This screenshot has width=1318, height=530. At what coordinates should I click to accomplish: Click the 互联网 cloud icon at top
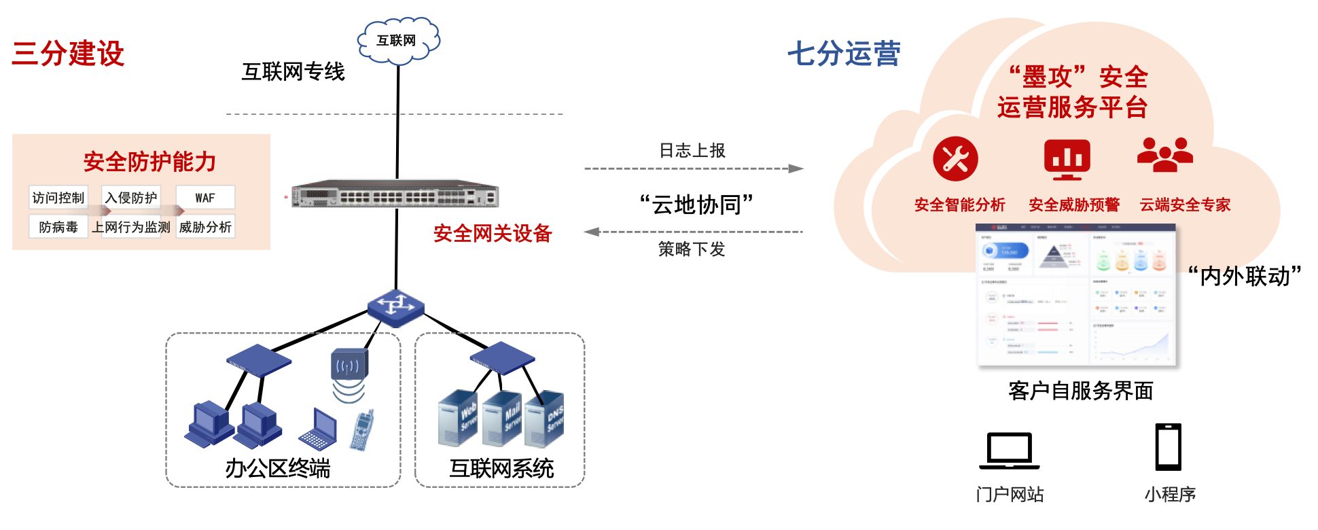[x=398, y=41]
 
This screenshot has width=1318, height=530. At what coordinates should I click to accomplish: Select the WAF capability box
[x=205, y=198]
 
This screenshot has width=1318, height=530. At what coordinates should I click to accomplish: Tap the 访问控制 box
[x=58, y=198]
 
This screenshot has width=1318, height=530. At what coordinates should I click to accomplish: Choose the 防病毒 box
[x=58, y=227]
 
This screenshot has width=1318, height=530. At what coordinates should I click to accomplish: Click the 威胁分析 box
[x=205, y=227]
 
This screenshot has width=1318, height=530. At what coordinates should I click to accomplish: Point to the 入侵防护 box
[x=130, y=198]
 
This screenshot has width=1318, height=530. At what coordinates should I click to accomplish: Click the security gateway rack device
[x=395, y=196]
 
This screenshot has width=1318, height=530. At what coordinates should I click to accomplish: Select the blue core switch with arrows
[x=395, y=306]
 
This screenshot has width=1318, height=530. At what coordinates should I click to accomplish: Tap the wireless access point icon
[x=349, y=367]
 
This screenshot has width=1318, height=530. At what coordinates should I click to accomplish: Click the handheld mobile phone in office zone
[x=363, y=429]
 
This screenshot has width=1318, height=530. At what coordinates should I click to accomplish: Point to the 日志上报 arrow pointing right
[x=693, y=169]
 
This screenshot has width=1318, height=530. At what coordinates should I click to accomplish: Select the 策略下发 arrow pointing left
[x=693, y=232]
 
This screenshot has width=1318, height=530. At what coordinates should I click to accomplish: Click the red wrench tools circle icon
[x=955, y=159]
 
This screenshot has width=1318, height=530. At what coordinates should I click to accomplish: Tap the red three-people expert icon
[x=1164, y=155]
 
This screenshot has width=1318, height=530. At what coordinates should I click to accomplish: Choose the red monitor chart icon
[x=1067, y=159]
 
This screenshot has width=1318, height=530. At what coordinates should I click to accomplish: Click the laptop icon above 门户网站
[x=1009, y=450]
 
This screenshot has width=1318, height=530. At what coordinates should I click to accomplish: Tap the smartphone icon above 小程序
[x=1169, y=447]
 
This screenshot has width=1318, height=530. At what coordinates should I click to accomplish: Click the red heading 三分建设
[x=68, y=53]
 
